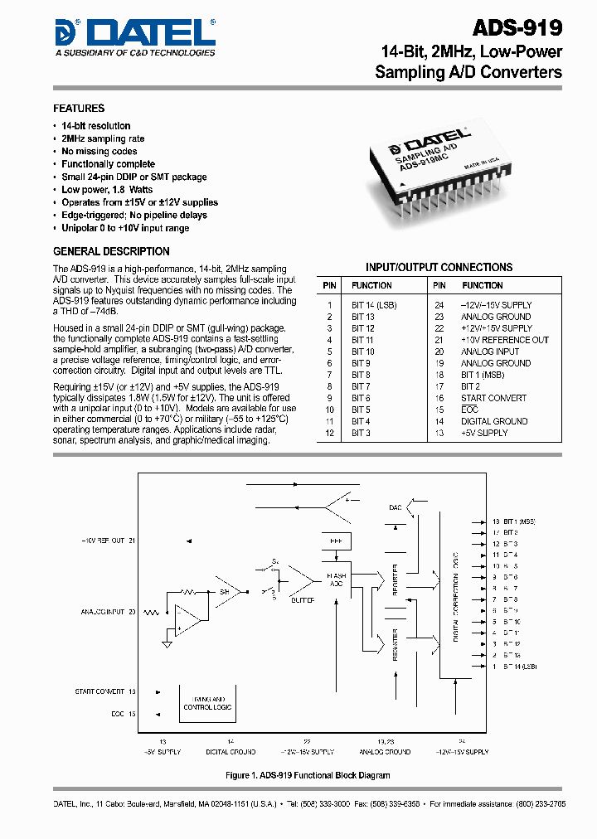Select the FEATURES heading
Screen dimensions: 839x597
(79, 109)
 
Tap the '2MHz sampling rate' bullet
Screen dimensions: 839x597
(103, 139)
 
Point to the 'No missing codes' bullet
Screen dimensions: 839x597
(99, 152)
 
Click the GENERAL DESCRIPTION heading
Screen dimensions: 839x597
(111, 251)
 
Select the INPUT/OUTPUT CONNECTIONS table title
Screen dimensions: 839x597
(439, 267)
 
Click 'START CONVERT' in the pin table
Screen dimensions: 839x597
(493, 398)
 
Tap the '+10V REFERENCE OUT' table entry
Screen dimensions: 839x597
(504, 340)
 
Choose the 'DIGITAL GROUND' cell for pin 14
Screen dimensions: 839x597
(496, 421)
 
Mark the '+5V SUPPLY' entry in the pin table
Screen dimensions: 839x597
(484, 433)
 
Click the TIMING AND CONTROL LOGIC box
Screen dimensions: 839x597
(207, 703)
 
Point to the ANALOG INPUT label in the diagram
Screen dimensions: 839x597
(103, 612)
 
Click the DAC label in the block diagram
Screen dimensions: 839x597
(395, 507)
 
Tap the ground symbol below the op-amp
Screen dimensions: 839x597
(168, 643)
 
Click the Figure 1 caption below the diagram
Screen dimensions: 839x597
(307, 775)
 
